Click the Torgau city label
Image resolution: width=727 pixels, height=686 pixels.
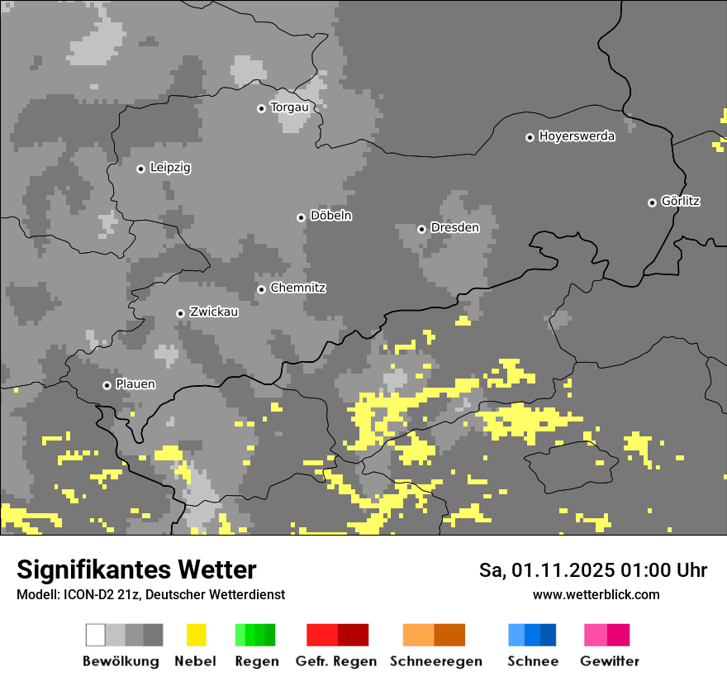coord(289,107)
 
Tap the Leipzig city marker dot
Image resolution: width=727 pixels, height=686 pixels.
coord(140,169)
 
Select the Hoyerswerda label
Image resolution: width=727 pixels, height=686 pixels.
coord(577,136)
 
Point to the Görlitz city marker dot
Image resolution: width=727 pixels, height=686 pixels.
coord(652,202)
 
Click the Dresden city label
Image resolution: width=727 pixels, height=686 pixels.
coord(454,227)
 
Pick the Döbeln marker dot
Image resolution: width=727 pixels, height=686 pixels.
coord(301,217)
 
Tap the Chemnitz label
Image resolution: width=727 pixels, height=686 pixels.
coord(297,288)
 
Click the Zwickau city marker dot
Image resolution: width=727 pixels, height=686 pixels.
coord(180,313)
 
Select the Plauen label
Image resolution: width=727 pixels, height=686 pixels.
coord(135,384)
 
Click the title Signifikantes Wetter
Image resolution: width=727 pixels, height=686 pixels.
coord(136,570)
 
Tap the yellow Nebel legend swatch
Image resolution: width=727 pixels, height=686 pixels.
coord(196,635)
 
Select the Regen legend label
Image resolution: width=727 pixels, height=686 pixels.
coord(256,661)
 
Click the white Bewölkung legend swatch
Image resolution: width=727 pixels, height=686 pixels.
coord(96,635)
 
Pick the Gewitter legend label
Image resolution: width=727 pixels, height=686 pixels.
coord(609,661)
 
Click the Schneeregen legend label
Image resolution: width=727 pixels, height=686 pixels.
coord(435,661)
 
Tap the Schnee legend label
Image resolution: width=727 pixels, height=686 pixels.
coord(533,661)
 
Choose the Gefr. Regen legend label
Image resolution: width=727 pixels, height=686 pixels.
coord(335,661)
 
